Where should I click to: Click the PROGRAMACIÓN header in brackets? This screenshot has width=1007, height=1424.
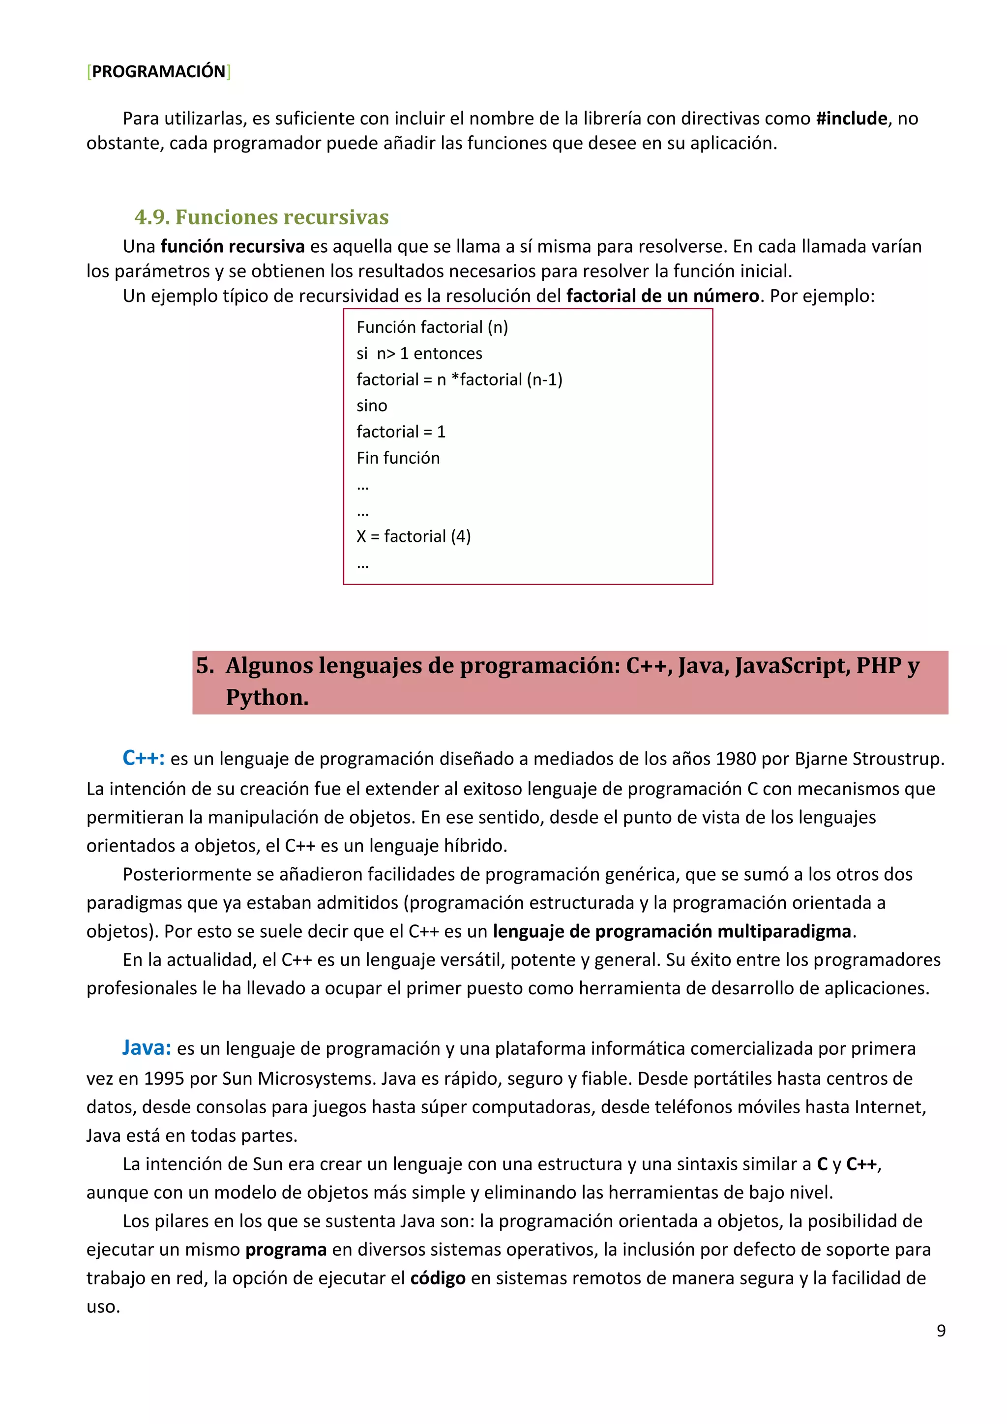159,72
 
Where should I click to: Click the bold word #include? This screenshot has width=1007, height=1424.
851,119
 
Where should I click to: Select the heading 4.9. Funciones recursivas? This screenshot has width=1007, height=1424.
261,217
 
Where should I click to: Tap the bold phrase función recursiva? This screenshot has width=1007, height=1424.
233,247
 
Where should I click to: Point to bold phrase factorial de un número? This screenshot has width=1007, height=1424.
662,296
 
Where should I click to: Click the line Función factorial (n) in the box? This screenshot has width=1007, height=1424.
432,327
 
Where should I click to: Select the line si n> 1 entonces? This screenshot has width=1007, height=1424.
419,354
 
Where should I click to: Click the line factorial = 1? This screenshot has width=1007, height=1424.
401,432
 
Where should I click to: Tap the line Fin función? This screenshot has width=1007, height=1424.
398,458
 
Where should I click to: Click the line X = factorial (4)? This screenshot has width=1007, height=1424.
414,536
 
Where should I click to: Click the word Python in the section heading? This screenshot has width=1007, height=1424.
267,698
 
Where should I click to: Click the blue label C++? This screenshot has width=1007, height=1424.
143,758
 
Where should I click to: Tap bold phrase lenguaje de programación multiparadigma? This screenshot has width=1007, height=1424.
672,932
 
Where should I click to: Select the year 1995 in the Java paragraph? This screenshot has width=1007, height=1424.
164,1078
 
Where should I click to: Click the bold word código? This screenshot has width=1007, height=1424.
438,1278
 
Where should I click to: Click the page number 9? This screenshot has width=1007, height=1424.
941,1331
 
